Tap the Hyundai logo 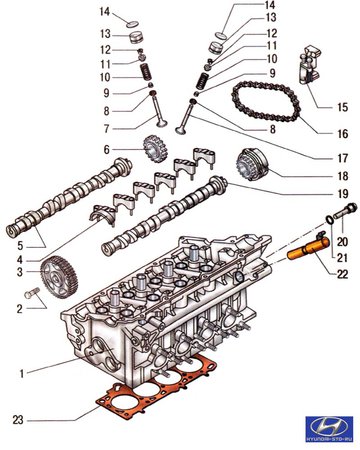[x=329, y=429]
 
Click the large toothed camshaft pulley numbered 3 [x=59, y=277]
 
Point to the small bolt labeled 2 [x=32, y=293]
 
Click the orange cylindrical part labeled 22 [x=308, y=249]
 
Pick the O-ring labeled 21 [x=329, y=220]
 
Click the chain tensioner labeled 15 [x=310, y=66]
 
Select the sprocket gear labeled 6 [x=155, y=149]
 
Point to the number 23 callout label [x=18, y=419]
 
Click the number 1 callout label [x=22, y=374]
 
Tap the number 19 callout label [x=343, y=193]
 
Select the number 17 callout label [x=343, y=158]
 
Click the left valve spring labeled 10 [x=145, y=72]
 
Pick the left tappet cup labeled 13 [x=136, y=37]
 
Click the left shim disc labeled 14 [x=133, y=24]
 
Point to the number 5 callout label [x=20, y=246]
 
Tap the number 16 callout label [x=343, y=134]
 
